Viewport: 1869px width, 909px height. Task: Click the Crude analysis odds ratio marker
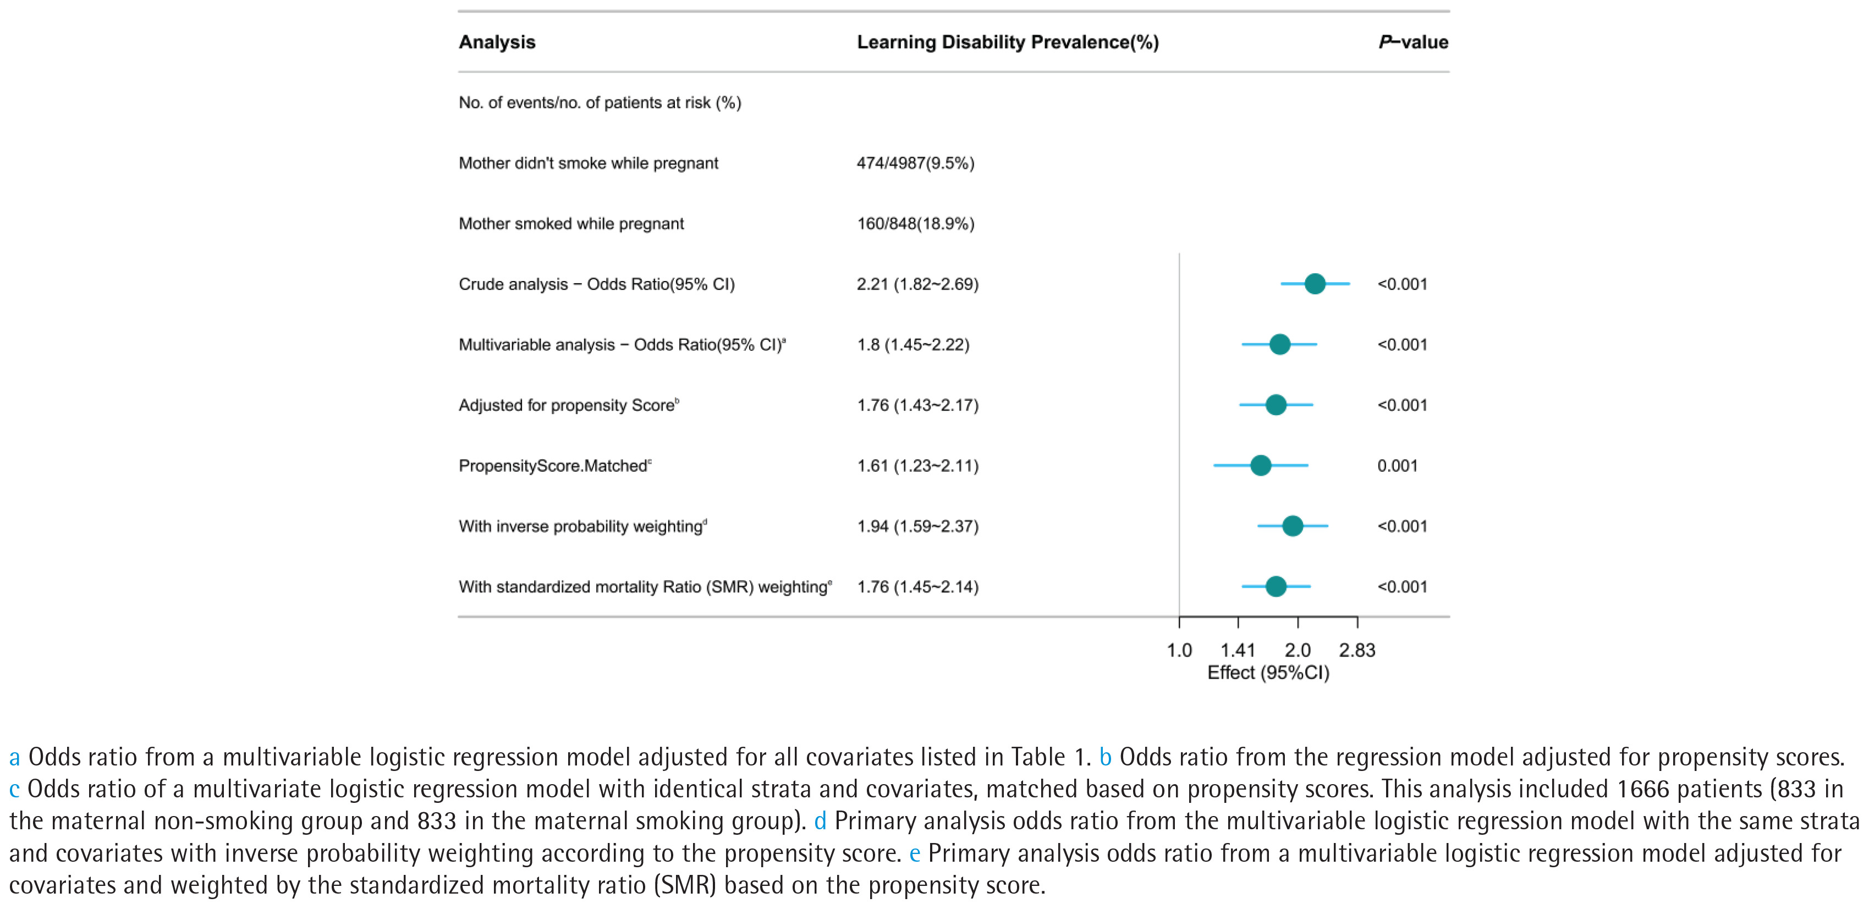1315,284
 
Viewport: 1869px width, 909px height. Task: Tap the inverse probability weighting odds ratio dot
1292,526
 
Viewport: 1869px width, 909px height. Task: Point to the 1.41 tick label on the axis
1237,650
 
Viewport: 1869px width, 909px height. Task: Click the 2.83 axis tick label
1357,650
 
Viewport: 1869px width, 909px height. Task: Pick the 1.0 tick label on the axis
1179,650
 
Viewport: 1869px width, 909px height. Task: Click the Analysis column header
497,42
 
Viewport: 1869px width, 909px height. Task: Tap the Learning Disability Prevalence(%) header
1008,42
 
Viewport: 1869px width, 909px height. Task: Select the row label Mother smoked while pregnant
571,223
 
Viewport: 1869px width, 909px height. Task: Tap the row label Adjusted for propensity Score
568,405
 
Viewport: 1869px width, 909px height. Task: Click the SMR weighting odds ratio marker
1276,586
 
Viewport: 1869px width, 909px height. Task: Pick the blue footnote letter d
820,821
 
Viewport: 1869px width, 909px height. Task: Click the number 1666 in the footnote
1642,789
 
